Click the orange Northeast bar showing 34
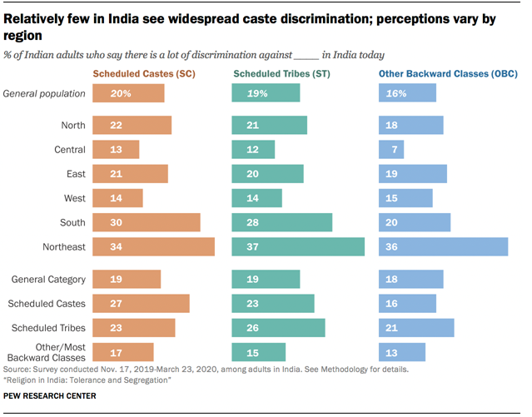153,246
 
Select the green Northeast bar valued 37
298,246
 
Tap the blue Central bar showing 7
391,149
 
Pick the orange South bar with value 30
146,222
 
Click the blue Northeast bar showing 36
443,246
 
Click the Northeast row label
64,246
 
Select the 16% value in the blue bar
395,93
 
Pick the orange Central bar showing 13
116,149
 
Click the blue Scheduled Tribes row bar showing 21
416,328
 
